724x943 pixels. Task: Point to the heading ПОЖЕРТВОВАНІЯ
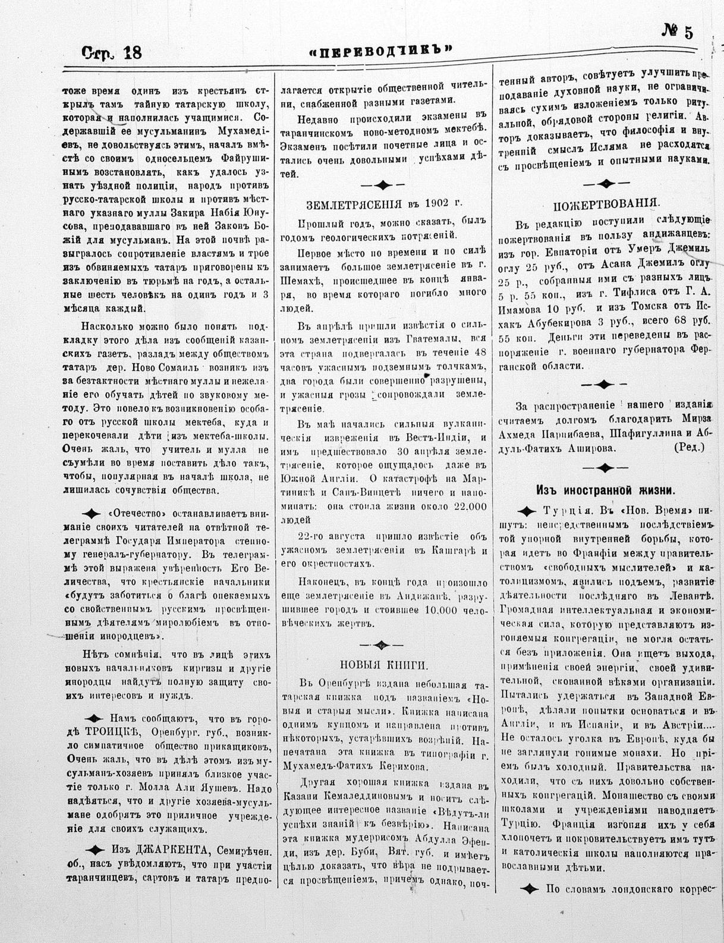tap(606, 206)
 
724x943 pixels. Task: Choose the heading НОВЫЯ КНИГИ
tap(384, 665)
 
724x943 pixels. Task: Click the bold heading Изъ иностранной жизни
tap(605, 490)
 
